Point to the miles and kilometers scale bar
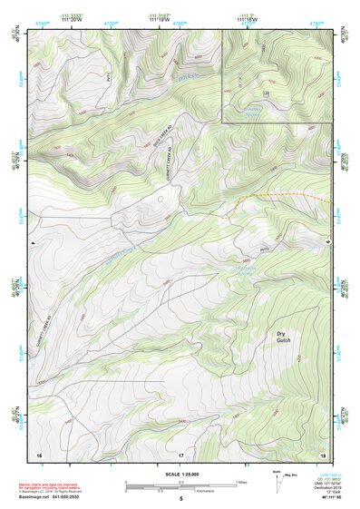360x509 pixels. pos(180,486)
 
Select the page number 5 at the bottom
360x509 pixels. pos(180,499)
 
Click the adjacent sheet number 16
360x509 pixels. pos(39,453)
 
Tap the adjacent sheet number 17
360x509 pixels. pos(180,453)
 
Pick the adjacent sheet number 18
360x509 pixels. pos(323,453)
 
